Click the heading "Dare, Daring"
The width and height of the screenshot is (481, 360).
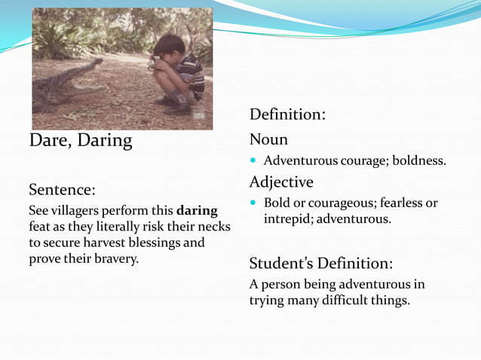point(80,141)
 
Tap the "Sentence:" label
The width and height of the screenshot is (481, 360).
point(62,188)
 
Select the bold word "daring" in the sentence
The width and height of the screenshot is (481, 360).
point(197,210)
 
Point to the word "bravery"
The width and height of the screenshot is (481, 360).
point(116,259)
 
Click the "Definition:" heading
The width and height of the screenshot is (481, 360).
point(287,114)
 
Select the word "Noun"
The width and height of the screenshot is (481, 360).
point(268,140)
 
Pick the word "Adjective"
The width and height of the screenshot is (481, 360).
point(281,182)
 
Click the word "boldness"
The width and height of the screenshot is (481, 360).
point(419,160)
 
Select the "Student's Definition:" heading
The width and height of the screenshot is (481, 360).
point(320,264)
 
